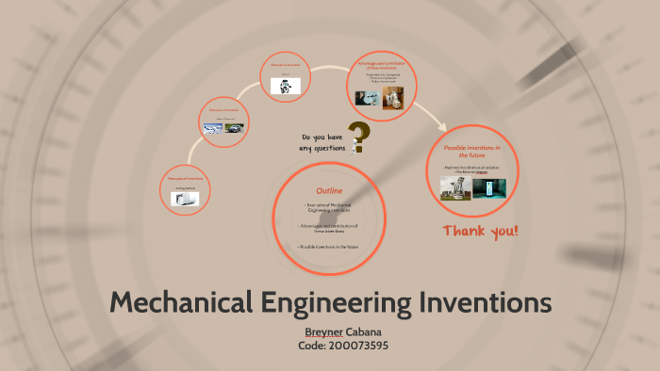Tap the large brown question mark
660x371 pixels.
tap(358, 137)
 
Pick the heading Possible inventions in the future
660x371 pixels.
tap(471, 152)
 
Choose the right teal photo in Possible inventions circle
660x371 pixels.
tap(488, 185)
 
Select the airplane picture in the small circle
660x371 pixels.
tap(212, 128)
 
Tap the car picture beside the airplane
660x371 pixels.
tap(235, 127)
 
